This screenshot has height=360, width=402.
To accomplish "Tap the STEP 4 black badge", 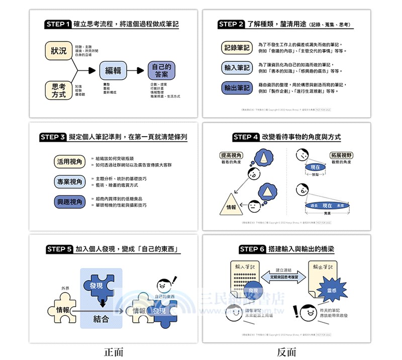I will point(246,137).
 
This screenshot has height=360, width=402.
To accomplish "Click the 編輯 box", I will point(113,71).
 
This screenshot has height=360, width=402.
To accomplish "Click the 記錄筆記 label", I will point(236,48).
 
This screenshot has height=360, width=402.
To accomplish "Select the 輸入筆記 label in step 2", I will point(236,67).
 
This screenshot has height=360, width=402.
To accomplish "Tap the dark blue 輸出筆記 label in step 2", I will point(236,88).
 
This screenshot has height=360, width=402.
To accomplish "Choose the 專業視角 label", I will point(69,181).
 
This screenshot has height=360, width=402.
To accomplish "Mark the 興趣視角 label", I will point(69,202).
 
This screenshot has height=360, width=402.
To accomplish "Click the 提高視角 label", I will point(232,155).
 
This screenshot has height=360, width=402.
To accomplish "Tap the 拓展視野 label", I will point(341,155).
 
